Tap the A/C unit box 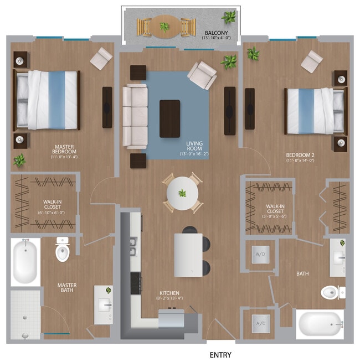(260, 324)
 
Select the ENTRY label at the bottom (220, 355)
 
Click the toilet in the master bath (62, 251)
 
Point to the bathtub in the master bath (25, 262)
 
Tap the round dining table (182, 193)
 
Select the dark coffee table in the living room (169, 118)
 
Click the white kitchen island (188, 255)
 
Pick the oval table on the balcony (166, 26)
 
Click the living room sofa (135, 116)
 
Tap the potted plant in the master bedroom (20, 161)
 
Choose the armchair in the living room (202, 75)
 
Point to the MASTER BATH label (68, 288)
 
